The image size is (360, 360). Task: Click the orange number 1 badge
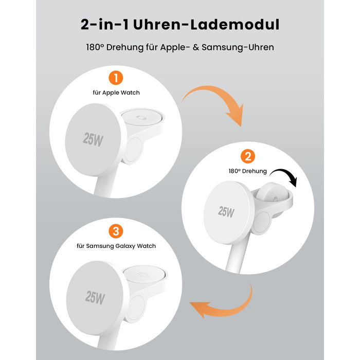[116, 78]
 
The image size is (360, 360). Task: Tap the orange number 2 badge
[248, 156]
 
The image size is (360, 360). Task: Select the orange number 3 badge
[116, 231]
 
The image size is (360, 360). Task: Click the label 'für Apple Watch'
[116, 93]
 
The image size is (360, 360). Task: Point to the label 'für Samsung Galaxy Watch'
[116, 246]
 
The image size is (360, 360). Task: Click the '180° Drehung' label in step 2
[247, 171]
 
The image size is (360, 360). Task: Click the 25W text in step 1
[93, 139]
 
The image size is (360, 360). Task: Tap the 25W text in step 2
[226, 212]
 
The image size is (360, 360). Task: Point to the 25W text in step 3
[95, 298]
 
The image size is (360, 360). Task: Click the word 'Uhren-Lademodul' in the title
[206, 25]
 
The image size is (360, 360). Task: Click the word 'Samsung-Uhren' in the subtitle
[238, 47]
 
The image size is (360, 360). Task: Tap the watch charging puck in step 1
[141, 117]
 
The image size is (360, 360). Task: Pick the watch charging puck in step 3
[145, 274]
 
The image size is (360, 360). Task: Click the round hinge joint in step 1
[133, 150]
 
